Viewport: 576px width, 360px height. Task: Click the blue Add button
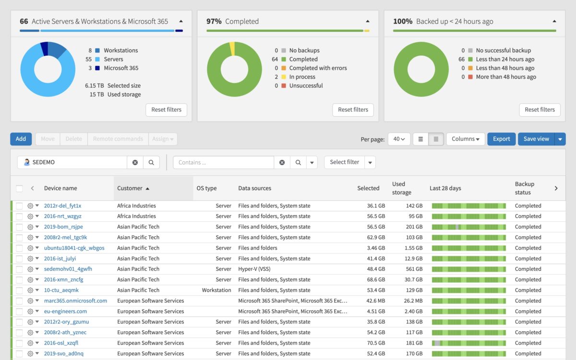(21, 139)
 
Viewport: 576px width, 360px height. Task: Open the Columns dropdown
(465, 139)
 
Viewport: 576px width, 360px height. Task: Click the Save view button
(536, 139)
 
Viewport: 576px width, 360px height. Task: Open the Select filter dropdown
(349, 162)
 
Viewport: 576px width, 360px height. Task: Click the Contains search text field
(223, 163)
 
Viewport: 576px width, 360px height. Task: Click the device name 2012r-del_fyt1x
(62, 206)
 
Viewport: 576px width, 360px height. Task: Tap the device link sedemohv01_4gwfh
(68, 269)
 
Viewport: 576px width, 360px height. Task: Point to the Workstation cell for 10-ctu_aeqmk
(216, 290)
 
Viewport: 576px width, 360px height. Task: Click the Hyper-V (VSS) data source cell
(254, 269)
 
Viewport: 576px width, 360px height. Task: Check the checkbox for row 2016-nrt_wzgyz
(19, 216)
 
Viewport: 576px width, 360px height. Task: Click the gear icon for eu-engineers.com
(30, 312)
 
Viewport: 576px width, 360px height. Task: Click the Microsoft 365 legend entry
(120, 68)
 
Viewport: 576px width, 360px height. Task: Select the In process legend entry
(302, 77)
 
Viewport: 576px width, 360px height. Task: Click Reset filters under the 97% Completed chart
(353, 110)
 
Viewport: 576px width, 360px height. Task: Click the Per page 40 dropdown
(399, 139)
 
